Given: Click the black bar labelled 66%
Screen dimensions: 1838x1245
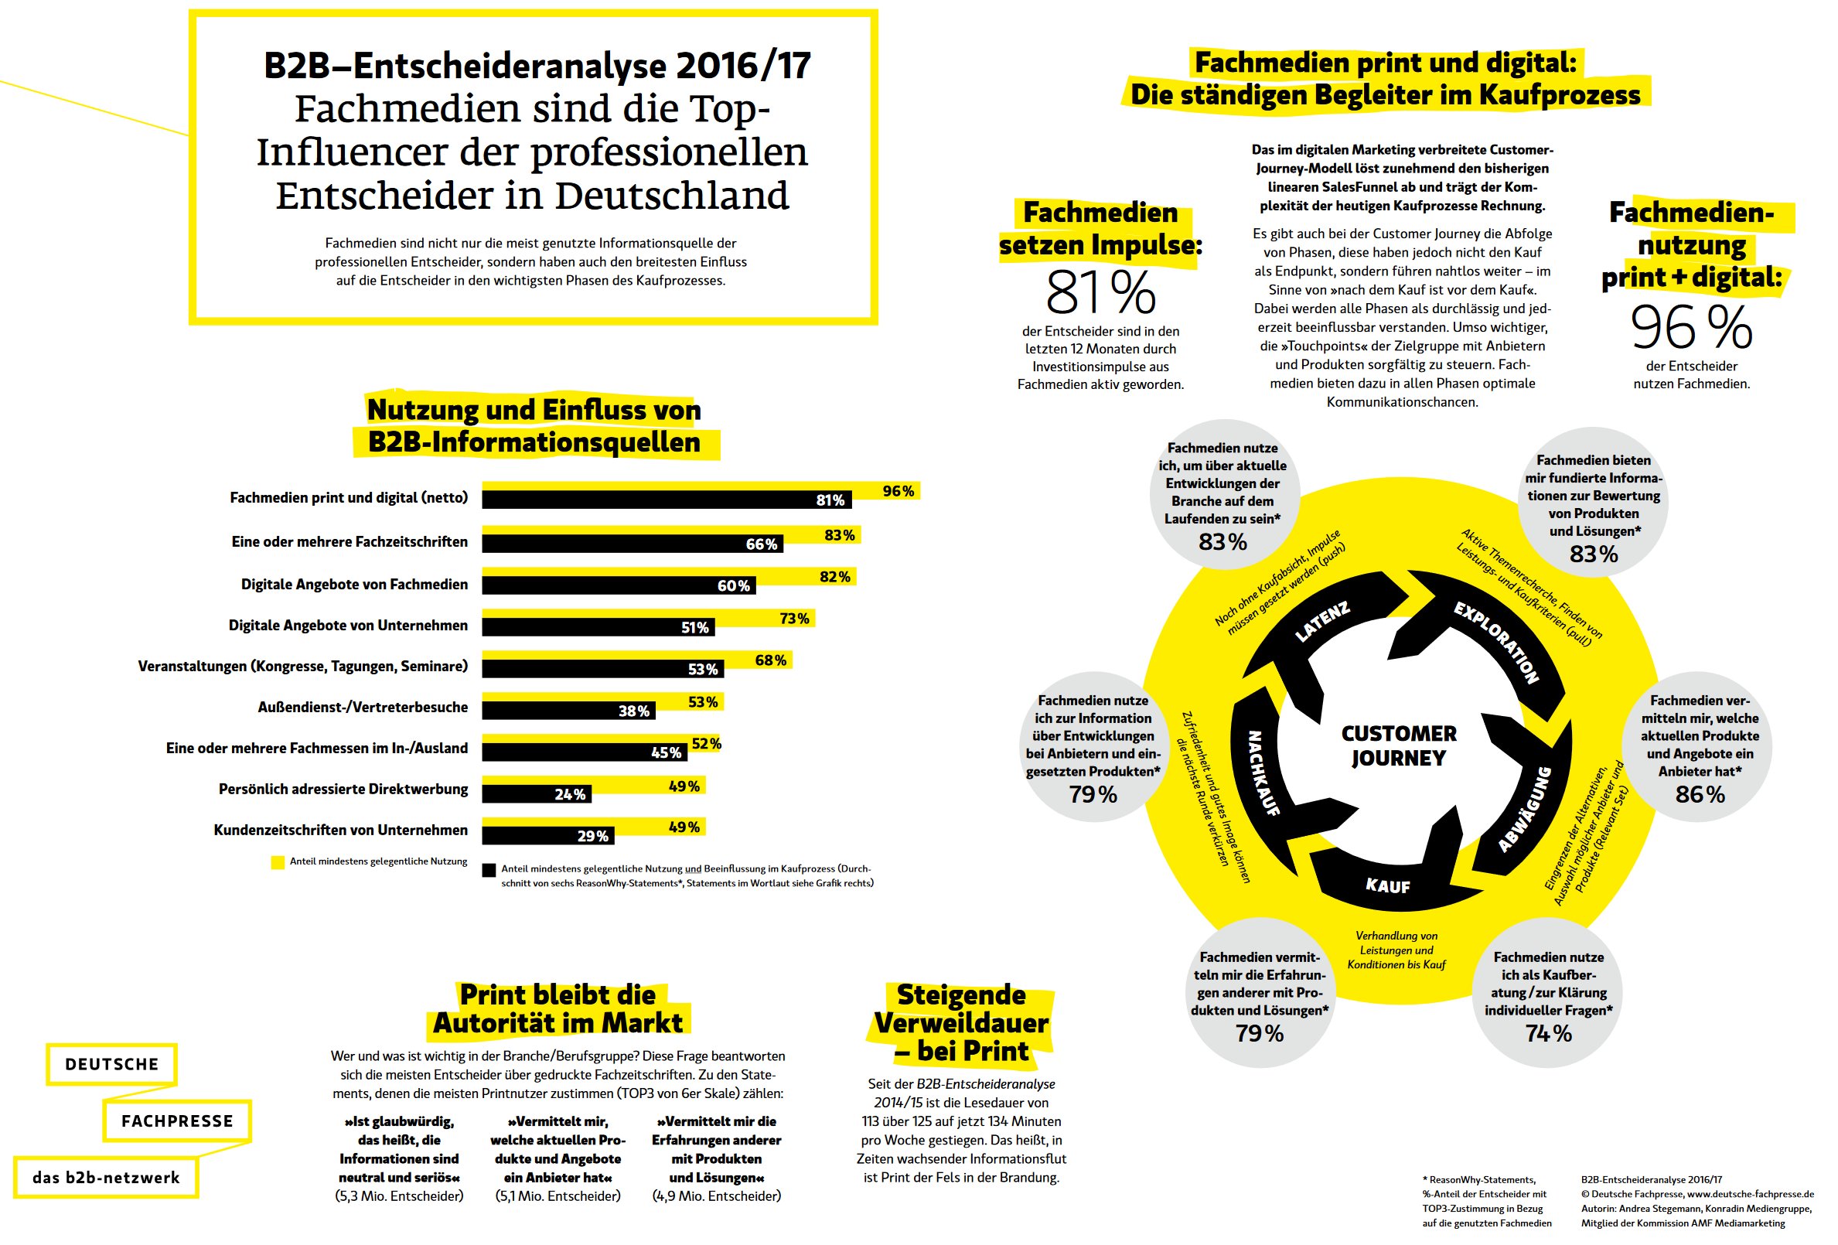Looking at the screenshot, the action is pyautogui.click(x=632, y=544).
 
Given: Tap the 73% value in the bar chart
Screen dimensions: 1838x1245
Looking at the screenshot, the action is pyautogui.click(x=794, y=619).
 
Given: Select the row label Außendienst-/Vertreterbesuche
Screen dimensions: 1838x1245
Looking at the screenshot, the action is pyautogui.click(x=363, y=707).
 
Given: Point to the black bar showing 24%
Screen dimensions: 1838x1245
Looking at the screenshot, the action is pyautogui.click(x=536, y=794).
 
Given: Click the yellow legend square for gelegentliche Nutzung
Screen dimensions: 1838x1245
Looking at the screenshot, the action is pyautogui.click(x=278, y=862).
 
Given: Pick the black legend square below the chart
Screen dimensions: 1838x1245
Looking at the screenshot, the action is pyautogui.click(x=489, y=870).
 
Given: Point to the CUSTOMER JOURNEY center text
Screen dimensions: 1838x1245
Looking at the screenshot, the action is pyautogui.click(x=1398, y=746).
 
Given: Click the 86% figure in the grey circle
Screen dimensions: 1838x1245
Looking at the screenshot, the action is pyautogui.click(x=1700, y=794).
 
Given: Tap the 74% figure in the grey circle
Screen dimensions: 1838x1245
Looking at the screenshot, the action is pyautogui.click(x=1548, y=1033).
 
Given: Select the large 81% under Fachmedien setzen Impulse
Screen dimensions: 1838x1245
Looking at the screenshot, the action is pyautogui.click(x=1100, y=292).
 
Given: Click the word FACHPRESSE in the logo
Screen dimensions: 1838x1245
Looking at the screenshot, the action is pyautogui.click(x=177, y=1120).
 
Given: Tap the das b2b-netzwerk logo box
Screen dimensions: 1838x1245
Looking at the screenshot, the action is pyautogui.click(x=106, y=1177).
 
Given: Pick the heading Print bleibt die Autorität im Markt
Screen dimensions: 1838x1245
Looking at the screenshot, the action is pyautogui.click(x=558, y=1008).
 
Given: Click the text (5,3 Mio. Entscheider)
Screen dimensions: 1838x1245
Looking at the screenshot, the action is pyautogui.click(x=400, y=1196).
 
